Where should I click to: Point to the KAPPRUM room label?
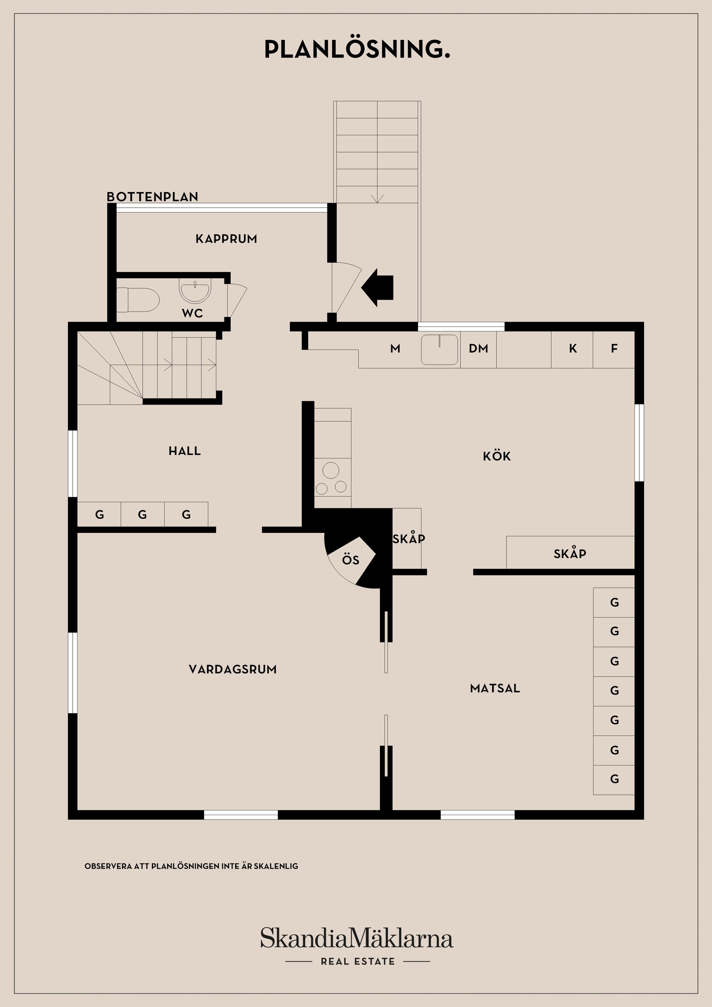(x=226, y=239)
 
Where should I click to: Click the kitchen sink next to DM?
(x=439, y=350)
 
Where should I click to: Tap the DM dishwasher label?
(x=478, y=349)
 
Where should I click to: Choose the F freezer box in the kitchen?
(x=614, y=349)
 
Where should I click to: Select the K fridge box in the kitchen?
(x=573, y=349)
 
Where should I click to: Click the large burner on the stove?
(x=331, y=471)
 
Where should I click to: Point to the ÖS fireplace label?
(x=350, y=560)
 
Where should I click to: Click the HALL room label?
(x=185, y=451)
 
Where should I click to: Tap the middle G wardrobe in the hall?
(x=142, y=515)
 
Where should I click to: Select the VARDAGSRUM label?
(x=233, y=669)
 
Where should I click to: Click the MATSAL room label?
(x=495, y=688)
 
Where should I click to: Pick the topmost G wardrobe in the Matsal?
(x=614, y=602)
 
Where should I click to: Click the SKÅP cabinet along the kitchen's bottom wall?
(x=570, y=554)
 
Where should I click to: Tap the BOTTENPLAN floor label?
(x=152, y=197)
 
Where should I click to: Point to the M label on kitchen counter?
(x=395, y=349)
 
